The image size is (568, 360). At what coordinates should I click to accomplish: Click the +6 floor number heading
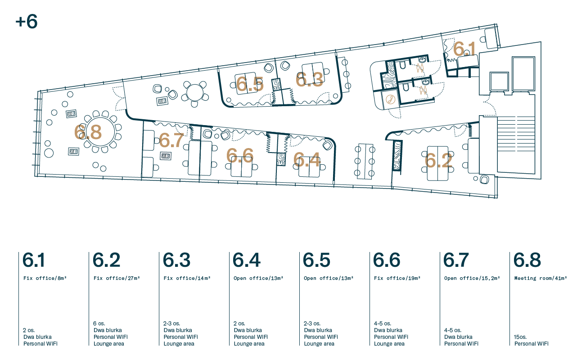pyautogui.click(x=27, y=22)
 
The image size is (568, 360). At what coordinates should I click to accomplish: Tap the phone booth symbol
pyautogui.click(x=390, y=99)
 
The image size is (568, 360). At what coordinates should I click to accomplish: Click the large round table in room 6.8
pyautogui.click(x=100, y=131)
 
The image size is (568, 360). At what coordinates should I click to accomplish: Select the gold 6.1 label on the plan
pyautogui.click(x=464, y=49)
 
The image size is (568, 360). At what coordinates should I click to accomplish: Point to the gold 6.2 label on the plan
pyautogui.click(x=438, y=160)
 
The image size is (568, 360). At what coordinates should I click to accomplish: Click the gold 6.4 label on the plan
pyautogui.click(x=307, y=160)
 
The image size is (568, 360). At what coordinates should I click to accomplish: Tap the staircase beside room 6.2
pyautogui.click(x=516, y=145)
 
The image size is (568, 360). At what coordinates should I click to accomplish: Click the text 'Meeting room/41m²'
pyautogui.click(x=541, y=278)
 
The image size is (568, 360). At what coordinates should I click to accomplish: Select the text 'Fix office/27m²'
pyautogui.click(x=117, y=278)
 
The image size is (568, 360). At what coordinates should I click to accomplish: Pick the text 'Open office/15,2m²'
pyautogui.click(x=472, y=278)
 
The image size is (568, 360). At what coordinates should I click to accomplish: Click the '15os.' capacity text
pyautogui.click(x=520, y=337)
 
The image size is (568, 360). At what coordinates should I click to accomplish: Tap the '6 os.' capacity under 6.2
pyautogui.click(x=99, y=324)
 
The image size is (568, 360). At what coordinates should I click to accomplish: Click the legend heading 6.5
pyautogui.click(x=316, y=260)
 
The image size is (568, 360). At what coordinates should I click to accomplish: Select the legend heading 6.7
pyautogui.click(x=456, y=260)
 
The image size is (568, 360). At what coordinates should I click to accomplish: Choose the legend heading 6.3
pyautogui.click(x=176, y=260)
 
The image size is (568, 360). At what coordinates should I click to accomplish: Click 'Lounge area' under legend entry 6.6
pyautogui.click(x=389, y=344)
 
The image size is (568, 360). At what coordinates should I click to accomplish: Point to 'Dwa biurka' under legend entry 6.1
pyautogui.click(x=37, y=337)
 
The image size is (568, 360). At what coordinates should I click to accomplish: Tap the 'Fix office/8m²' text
pyautogui.click(x=45, y=278)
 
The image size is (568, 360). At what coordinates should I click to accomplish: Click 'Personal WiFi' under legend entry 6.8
pyautogui.click(x=531, y=344)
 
